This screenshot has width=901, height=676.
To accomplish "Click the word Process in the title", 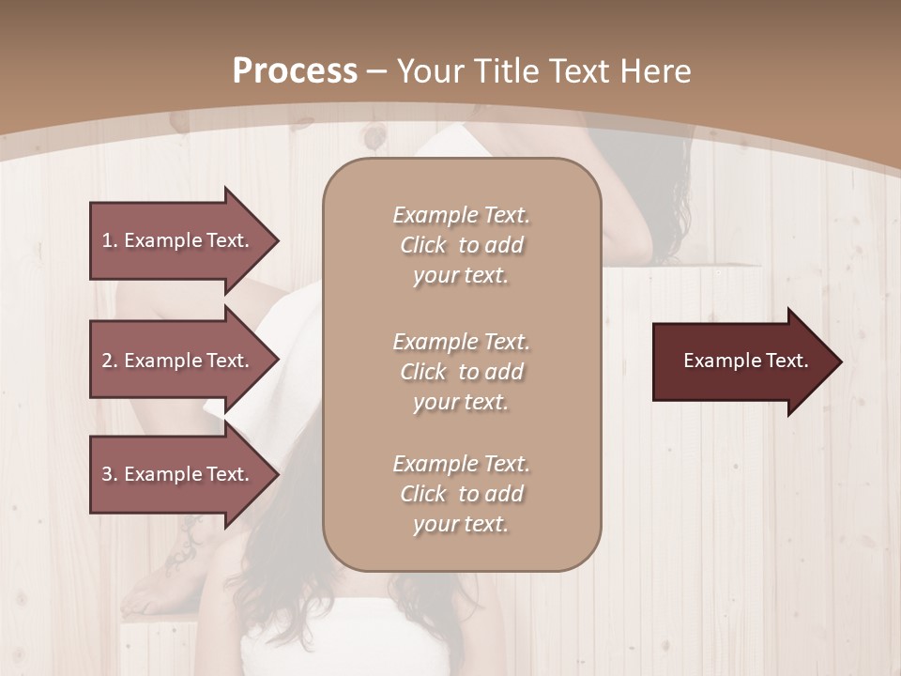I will [295, 71].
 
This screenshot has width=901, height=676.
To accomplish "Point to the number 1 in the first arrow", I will [107, 240].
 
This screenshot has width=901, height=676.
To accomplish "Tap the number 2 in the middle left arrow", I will [107, 361].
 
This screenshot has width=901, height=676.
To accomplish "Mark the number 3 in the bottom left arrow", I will [107, 474].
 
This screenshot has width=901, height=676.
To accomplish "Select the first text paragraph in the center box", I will [461, 245].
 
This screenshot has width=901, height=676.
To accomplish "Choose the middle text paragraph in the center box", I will [461, 372].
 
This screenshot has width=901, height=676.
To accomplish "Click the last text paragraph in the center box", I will [461, 494].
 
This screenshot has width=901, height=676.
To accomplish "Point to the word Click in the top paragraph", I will [423, 245].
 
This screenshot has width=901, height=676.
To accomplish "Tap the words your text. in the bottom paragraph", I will [461, 524].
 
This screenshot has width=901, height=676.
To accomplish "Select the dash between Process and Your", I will [377, 71].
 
